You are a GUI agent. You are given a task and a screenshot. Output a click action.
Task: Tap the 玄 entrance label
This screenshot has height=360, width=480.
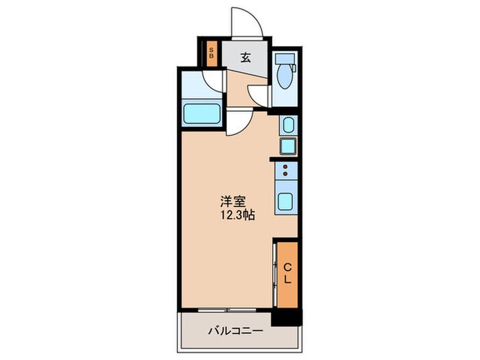coord(245,58)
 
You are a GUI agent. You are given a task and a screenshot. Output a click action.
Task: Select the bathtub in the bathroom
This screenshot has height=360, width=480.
coord(202,113)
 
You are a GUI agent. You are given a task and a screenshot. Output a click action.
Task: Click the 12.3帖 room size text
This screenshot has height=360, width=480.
coord(238,215)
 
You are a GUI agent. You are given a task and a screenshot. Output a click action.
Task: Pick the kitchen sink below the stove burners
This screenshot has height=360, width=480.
coord(286,202)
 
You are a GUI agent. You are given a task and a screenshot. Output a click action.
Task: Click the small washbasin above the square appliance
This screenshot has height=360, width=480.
coord(288,125)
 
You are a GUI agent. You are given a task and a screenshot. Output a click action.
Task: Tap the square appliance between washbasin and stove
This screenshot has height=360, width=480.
coord(288,146)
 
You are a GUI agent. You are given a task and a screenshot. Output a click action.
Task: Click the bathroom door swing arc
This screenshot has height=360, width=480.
coord(214,81)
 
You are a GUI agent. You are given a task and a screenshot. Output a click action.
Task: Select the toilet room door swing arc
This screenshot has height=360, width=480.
coord(259,95)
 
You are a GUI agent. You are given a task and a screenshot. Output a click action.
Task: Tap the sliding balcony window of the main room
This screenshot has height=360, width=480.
coord(226,309)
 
